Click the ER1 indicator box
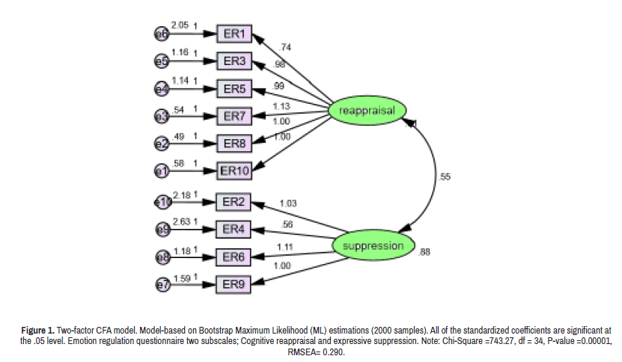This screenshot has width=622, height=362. pyautogui.click(x=234, y=34)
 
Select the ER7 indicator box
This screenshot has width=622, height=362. pyautogui.click(x=234, y=116)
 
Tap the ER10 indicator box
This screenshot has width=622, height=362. pyautogui.click(x=234, y=171)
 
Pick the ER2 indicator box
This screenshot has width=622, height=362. pyautogui.click(x=234, y=202)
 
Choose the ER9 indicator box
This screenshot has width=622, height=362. pyautogui.click(x=234, y=284)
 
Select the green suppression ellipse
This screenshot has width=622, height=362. pyautogui.click(x=372, y=245)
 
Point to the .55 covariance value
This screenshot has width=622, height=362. pyautogui.click(x=445, y=177)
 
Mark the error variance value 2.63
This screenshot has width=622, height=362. pyautogui.click(x=182, y=221)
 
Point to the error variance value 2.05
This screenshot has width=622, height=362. pyautogui.click(x=180, y=25)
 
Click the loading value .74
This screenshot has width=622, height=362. pyautogui.click(x=284, y=47)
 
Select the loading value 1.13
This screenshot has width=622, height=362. pyautogui.click(x=281, y=106)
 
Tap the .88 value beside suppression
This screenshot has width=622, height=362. pyautogui.click(x=424, y=252)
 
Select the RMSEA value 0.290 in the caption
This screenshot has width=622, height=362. pyautogui.click(x=332, y=352)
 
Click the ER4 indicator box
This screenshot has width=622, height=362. pyautogui.click(x=234, y=229)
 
